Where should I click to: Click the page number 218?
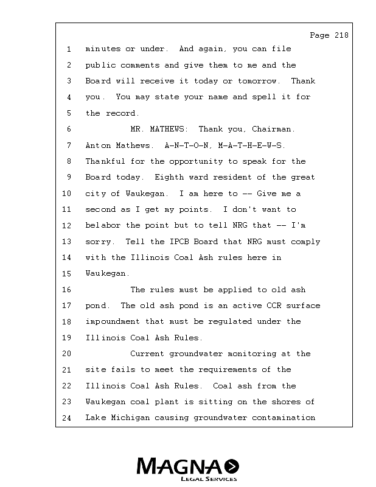point(341,35)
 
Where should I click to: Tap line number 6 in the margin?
point(69,130)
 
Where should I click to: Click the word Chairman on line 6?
point(275,130)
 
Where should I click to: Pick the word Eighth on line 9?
point(170,178)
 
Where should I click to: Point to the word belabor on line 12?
point(103,226)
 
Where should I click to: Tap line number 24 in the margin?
point(67,418)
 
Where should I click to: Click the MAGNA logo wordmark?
point(180,467)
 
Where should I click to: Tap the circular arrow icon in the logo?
point(232,467)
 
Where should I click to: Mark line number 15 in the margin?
point(67,274)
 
